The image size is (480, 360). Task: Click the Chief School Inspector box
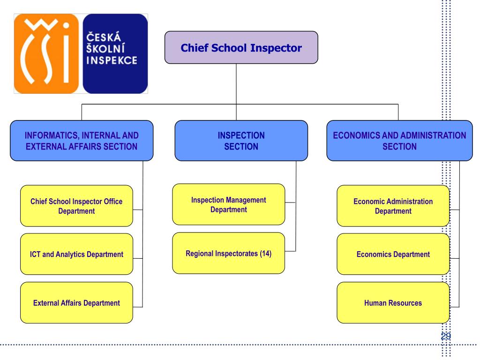241,47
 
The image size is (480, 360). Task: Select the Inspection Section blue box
241,141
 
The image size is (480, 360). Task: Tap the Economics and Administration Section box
399,141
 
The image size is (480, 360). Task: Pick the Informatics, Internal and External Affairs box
82,141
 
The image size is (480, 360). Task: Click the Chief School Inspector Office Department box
76,206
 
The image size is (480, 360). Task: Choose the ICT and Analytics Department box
76,254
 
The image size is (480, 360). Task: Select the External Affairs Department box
76,303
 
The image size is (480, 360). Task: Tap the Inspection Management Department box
229,204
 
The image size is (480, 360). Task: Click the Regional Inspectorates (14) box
229,253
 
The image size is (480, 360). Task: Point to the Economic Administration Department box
393,206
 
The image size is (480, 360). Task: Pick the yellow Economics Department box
393,254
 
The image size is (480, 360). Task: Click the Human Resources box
393,303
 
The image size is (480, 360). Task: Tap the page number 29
446,336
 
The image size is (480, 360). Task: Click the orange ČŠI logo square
46,53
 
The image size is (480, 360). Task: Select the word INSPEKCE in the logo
112,60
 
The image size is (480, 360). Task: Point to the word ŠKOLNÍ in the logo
105,48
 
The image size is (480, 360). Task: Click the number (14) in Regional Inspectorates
265,254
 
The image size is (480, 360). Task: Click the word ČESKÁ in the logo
104,37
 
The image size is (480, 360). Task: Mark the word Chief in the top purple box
195,48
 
